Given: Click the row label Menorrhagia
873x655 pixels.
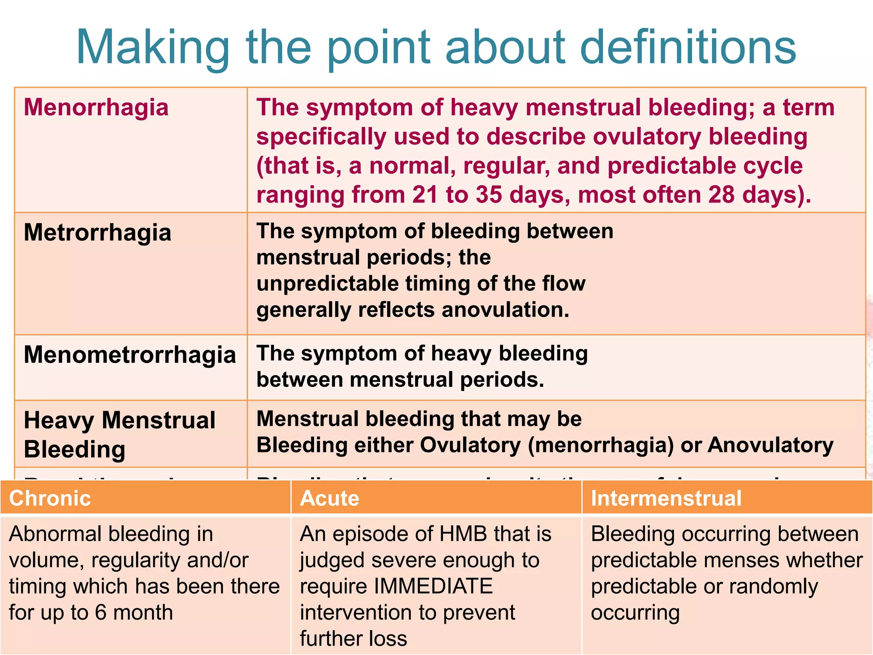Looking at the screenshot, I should [96, 107].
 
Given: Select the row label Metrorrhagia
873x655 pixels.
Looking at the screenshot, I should [97, 233].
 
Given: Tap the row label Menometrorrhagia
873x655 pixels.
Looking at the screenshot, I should [130, 355].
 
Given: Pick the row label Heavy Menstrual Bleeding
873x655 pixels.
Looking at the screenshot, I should [119, 435].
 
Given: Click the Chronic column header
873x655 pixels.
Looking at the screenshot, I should [50, 498].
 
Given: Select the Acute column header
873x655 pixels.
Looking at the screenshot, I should [330, 498].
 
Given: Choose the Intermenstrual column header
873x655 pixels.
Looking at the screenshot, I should [666, 498].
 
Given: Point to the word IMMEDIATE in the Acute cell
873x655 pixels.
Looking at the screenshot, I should [434, 586].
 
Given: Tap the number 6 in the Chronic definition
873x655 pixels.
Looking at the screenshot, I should [101, 612].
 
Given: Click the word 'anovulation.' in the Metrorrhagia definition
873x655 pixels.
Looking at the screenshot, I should [506, 310].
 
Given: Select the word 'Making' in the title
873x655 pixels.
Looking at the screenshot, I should [153, 48].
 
